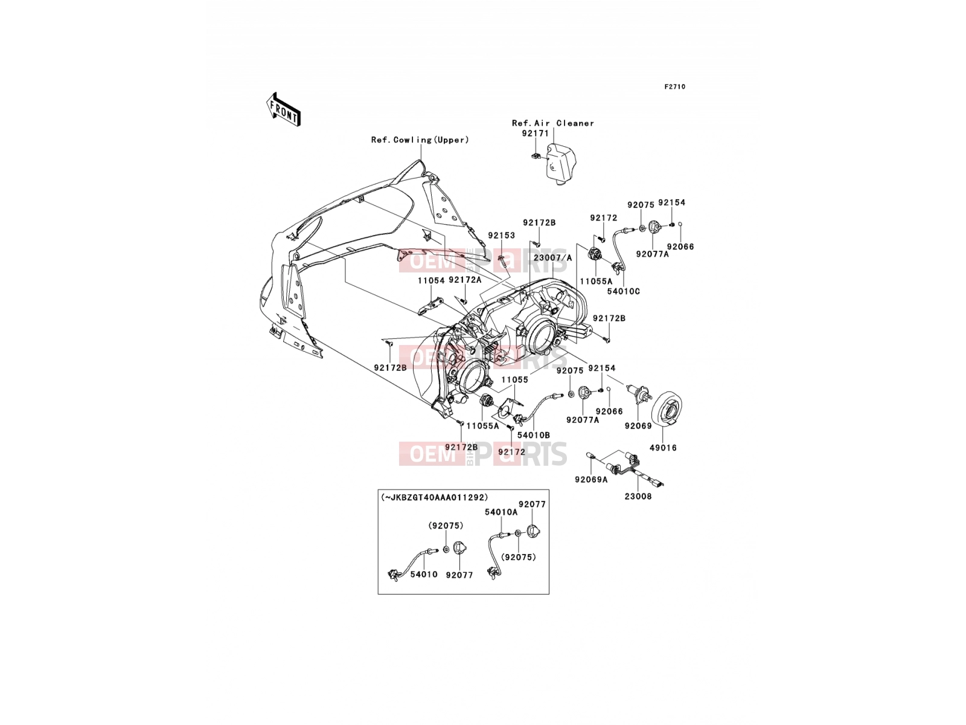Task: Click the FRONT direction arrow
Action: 283,109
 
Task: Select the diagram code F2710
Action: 674,87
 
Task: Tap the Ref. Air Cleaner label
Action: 553,123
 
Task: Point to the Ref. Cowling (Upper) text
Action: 420,140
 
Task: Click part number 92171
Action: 535,133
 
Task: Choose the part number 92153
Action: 501,236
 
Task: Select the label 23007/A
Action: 553,258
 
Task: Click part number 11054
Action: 431,280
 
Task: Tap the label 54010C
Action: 623,291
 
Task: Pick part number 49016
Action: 663,448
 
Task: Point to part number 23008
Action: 638,497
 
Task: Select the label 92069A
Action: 591,479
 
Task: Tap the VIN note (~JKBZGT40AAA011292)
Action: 435,497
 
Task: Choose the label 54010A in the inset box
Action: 501,512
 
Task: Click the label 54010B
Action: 533,435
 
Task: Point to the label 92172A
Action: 465,280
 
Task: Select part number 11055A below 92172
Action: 596,282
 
